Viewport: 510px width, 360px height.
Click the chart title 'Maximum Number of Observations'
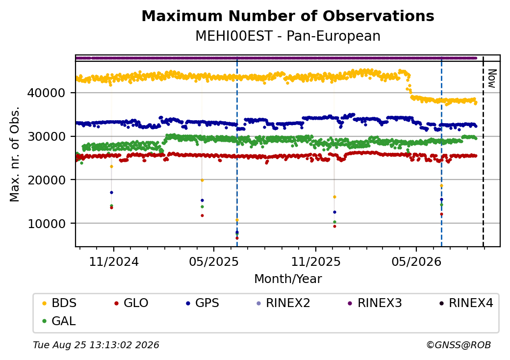[x=288, y=16]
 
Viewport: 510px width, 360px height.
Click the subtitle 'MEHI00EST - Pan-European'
[x=288, y=36]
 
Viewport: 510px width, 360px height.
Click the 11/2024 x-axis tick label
[x=114, y=261]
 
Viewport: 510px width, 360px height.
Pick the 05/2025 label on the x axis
[x=214, y=261]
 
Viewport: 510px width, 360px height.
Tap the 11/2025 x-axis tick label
[x=315, y=261]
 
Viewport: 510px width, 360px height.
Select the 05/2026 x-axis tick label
[x=416, y=261]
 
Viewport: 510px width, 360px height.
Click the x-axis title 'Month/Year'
[x=288, y=279]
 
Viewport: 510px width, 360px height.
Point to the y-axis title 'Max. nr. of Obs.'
[x=15, y=154]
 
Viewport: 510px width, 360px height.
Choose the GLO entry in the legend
[x=131, y=303]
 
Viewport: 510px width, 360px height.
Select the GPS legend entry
[x=203, y=303]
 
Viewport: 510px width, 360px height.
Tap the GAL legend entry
[x=59, y=321]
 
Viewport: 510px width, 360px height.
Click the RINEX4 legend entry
[x=466, y=303]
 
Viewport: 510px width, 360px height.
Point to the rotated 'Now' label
[x=492, y=78]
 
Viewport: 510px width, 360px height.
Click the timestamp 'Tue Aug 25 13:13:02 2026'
[x=96, y=345]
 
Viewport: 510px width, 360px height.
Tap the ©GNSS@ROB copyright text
[x=459, y=345]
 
